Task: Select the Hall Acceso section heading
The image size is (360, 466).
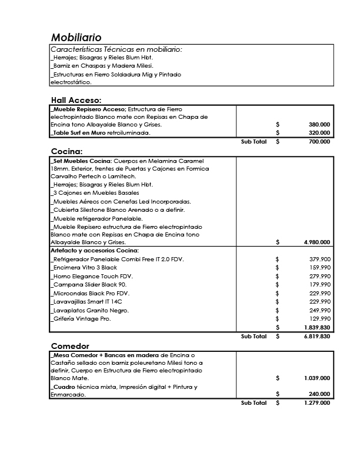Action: (76, 100)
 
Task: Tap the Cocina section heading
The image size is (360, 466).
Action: (66, 151)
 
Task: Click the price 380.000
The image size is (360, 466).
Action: (319, 125)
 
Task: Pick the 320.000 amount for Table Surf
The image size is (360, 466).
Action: (319, 133)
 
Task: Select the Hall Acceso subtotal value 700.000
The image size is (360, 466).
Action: (319, 142)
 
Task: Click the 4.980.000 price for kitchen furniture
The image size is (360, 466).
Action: (316, 242)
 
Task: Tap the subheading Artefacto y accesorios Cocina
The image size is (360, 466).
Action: (95, 251)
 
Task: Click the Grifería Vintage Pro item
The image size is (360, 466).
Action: (82, 319)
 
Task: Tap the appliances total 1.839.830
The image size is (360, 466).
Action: (316, 327)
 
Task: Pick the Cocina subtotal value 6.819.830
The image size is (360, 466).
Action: (316, 337)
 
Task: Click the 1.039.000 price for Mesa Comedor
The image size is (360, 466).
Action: (316, 378)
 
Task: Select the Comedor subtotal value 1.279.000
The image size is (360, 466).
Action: (316, 403)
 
